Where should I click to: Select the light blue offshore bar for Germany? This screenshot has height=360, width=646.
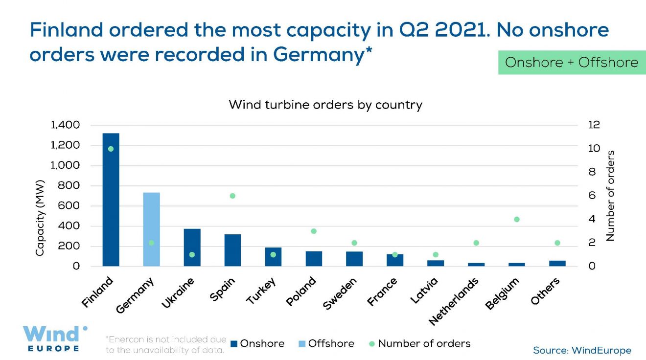[x=151, y=229]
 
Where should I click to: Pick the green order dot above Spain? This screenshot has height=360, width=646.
[x=232, y=196]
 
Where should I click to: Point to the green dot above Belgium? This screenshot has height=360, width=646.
[x=516, y=219]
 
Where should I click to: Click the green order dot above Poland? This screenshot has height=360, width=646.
[x=314, y=231]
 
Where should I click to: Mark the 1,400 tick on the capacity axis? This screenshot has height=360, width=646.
[x=65, y=125]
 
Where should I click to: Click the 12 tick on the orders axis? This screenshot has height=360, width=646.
[x=594, y=125]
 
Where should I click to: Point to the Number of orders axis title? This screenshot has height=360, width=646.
[x=610, y=196]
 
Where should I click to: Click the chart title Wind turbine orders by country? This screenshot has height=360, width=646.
[x=325, y=105]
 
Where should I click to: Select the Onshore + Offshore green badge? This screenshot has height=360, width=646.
[x=572, y=62]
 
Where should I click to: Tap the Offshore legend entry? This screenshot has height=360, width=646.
[x=326, y=344]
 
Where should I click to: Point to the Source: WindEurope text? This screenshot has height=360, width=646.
[x=582, y=350]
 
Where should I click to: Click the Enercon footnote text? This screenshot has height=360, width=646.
[x=166, y=344]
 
